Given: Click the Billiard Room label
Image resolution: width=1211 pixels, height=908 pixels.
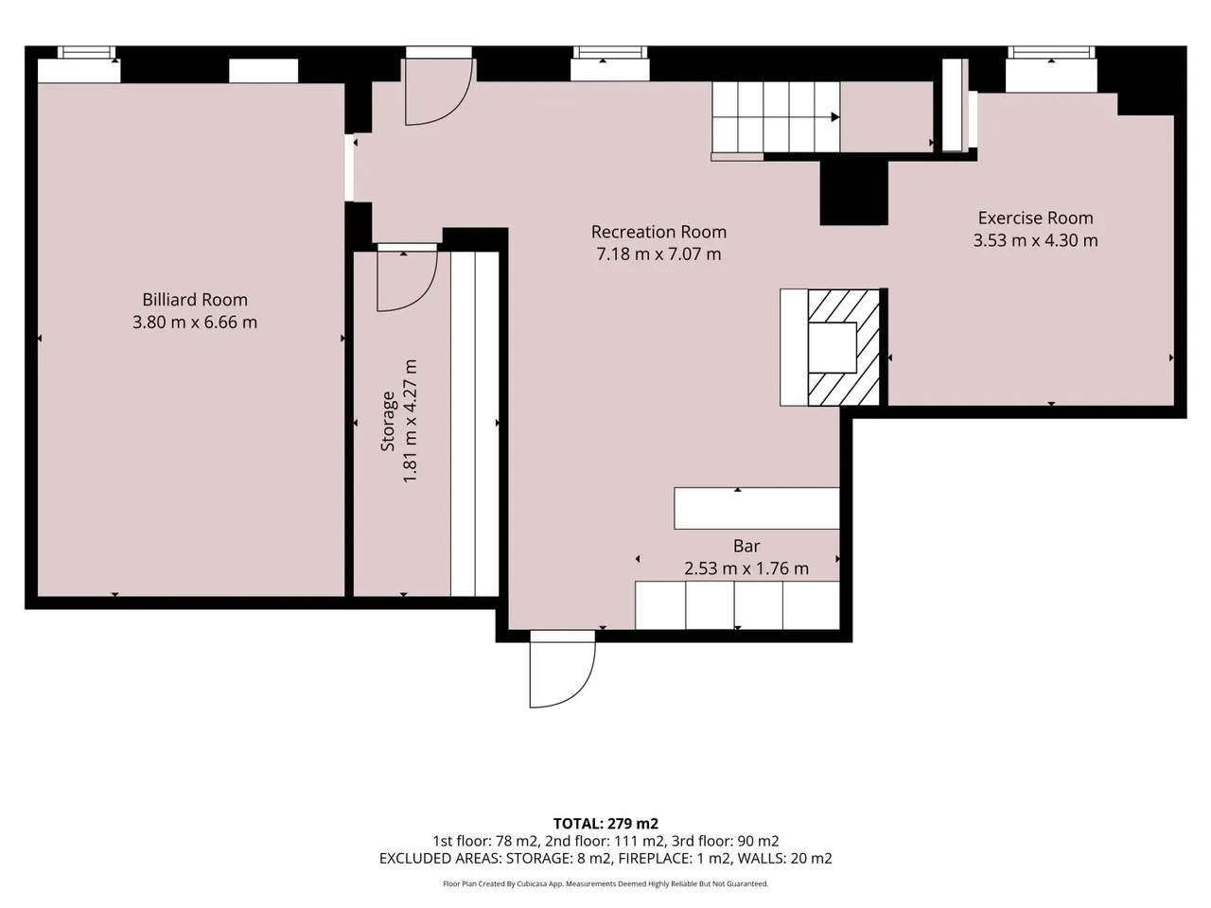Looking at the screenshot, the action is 195,300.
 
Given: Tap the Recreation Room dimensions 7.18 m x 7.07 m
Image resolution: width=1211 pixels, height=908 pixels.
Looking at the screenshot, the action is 658,254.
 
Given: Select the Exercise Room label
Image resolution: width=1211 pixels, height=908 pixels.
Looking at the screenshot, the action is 1036,218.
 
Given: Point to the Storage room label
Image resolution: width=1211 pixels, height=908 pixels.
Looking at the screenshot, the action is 388,421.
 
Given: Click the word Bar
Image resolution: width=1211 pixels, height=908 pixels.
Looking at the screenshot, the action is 746,546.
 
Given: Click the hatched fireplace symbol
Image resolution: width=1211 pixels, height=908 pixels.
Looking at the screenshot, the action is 844,348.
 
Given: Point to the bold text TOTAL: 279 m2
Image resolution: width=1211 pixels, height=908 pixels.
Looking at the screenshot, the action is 605,824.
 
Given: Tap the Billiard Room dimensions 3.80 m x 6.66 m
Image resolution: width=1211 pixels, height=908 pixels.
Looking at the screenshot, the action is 195,322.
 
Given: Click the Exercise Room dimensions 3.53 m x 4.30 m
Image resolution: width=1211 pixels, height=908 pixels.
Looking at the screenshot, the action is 1036,240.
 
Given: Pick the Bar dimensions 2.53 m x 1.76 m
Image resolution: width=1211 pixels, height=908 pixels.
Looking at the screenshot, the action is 746,568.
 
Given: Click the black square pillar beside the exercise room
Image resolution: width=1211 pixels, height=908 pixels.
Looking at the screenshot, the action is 854,194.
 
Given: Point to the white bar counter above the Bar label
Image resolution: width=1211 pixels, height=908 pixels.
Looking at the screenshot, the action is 757,508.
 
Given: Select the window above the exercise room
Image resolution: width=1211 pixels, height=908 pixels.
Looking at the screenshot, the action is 1051,53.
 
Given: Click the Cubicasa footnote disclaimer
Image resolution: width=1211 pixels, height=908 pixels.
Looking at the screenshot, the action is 605,883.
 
